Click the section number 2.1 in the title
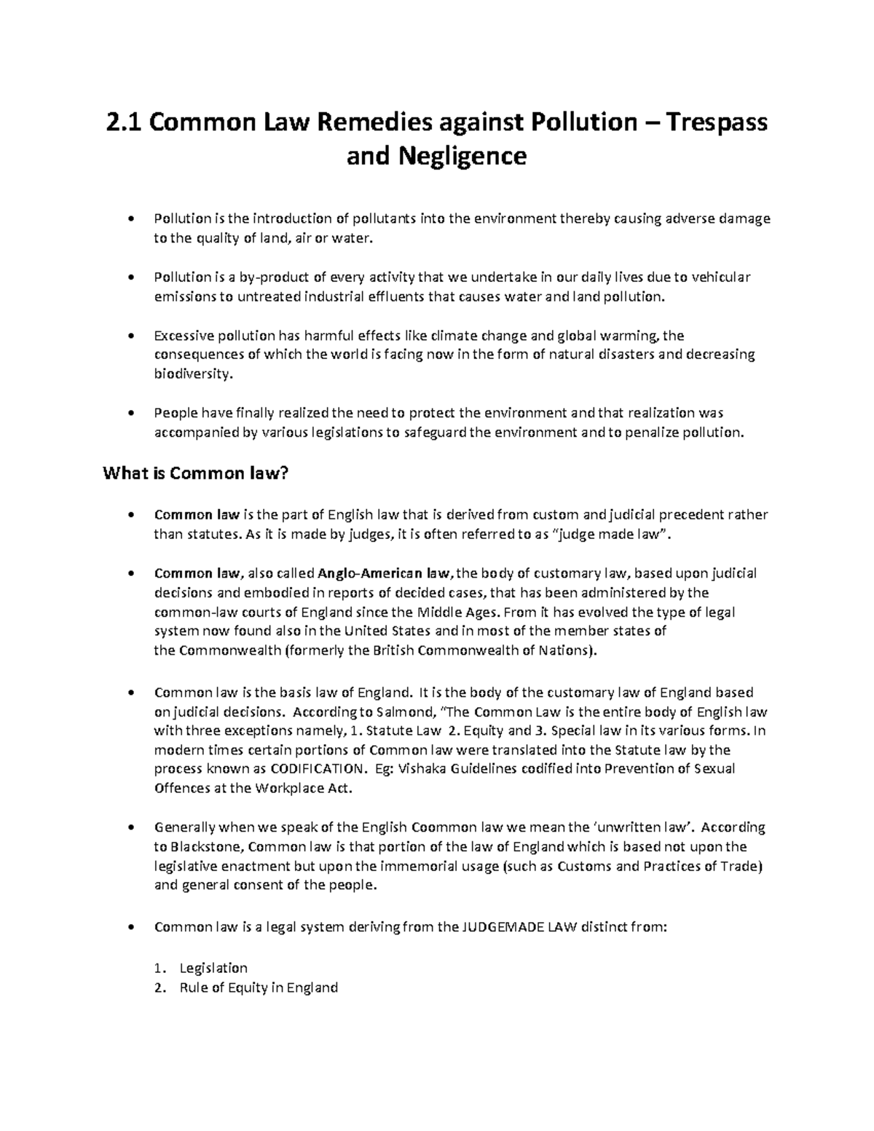click(125, 122)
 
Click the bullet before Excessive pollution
click(131, 336)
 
